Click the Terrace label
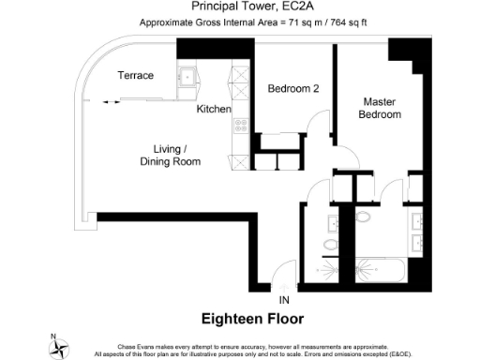coord(135,75)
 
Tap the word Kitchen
coord(214,110)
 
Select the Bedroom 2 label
coord(293,89)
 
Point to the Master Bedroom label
coord(382,108)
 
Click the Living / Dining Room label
coord(170,155)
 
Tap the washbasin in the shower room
coord(333,224)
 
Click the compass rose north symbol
coord(61,347)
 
